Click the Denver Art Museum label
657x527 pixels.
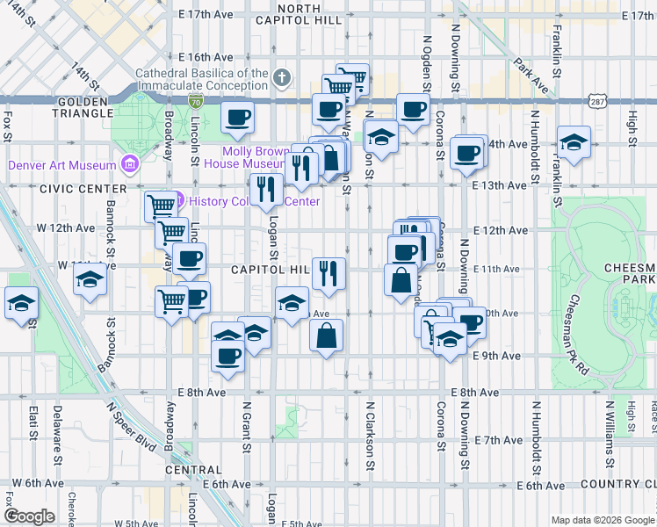(62, 165)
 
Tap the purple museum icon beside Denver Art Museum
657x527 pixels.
(130, 164)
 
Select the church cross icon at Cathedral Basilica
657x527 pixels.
(281, 79)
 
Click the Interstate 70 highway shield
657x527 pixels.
(196, 102)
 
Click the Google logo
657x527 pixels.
(28, 516)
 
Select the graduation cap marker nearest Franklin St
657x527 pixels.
(573, 141)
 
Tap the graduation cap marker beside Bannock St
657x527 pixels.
(90, 280)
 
